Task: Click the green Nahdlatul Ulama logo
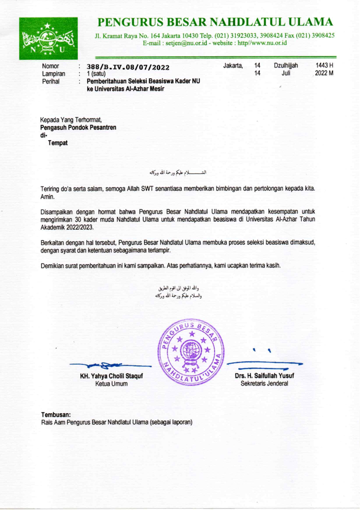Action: pyautogui.click(x=48, y=38)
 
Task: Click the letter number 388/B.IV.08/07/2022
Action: pyautogui.click(x=128, y=67)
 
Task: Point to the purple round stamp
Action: pyautogui.click(x=191, y=352)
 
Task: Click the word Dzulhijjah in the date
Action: pyautogui.click(x=286, y=65)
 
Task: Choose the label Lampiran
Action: pyautogui.click(x=53, y=74)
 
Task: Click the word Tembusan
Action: pyautogui.click(x=56, y=415)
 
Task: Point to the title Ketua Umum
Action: pyautogui.click(x=111, y=384)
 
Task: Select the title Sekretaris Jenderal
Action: pyautogui.click(x=264, y=383)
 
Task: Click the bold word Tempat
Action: pyautogui.click(x=58, y=143)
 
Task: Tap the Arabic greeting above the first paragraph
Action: pyautogui.click(x=178, y=173)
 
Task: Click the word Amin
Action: pyautogui.click(x=47, y=197)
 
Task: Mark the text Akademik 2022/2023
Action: pyautogui.click(x=67, y=227)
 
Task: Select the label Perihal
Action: pyautogui.click(x=51, y=81)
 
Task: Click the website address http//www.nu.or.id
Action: pyautogui.click(x=262, y=43)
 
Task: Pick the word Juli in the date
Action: pyautogui.click(x=286, y=73)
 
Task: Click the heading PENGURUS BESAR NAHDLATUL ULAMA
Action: pyautogui.click(x=215, y=22)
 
